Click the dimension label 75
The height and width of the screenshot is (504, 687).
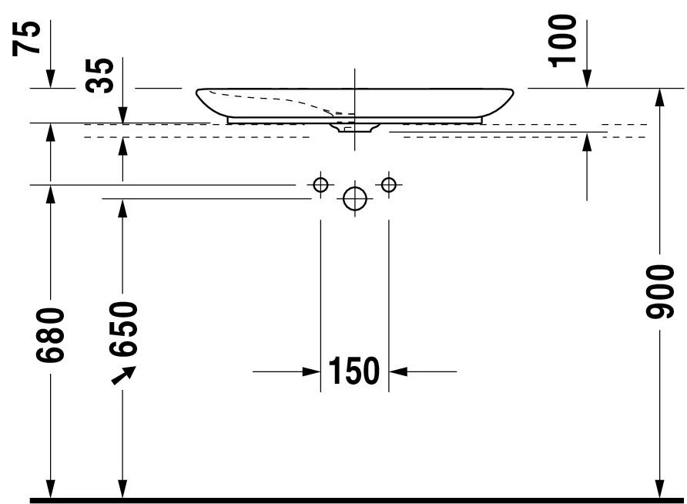pos(26,38)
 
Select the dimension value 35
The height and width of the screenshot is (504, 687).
pos(99,75)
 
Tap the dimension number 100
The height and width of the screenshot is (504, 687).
pos(562,40)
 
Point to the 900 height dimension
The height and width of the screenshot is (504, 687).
pos(659,291)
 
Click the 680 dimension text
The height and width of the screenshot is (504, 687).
pos(50,335)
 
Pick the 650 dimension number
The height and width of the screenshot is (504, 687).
pos(123,329)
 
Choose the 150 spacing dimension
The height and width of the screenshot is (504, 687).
pos(354,371)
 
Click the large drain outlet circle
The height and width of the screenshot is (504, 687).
pos(355,199)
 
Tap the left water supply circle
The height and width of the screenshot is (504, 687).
pos(320,184)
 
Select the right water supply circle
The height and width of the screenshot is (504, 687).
pos(389,184)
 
